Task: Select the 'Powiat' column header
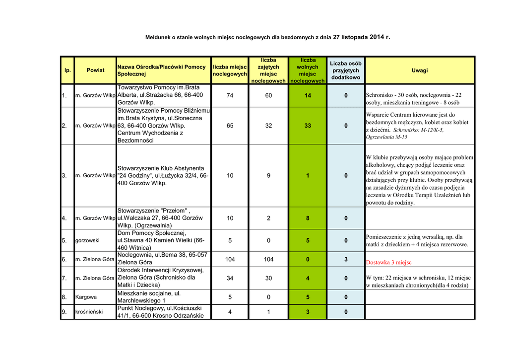[95, 71]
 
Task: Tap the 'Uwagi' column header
[420, 71]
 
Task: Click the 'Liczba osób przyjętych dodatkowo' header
[346, 71]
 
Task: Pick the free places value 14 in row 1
[308, 95]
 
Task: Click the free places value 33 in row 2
[308, 126]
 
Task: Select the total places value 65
[230, 126]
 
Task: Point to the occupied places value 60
[268, 95]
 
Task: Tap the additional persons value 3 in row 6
[346, 259]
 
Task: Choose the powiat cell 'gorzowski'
[87, 240]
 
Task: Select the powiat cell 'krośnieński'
[89, 312]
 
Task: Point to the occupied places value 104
[268, 259]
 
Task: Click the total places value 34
[230, 278]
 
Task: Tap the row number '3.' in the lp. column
[64, 175]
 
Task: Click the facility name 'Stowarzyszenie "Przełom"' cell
[163, 218]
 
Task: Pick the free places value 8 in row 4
[308, 218]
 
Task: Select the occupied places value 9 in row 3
[268, 175]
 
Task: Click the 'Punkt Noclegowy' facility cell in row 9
[163, 312]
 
